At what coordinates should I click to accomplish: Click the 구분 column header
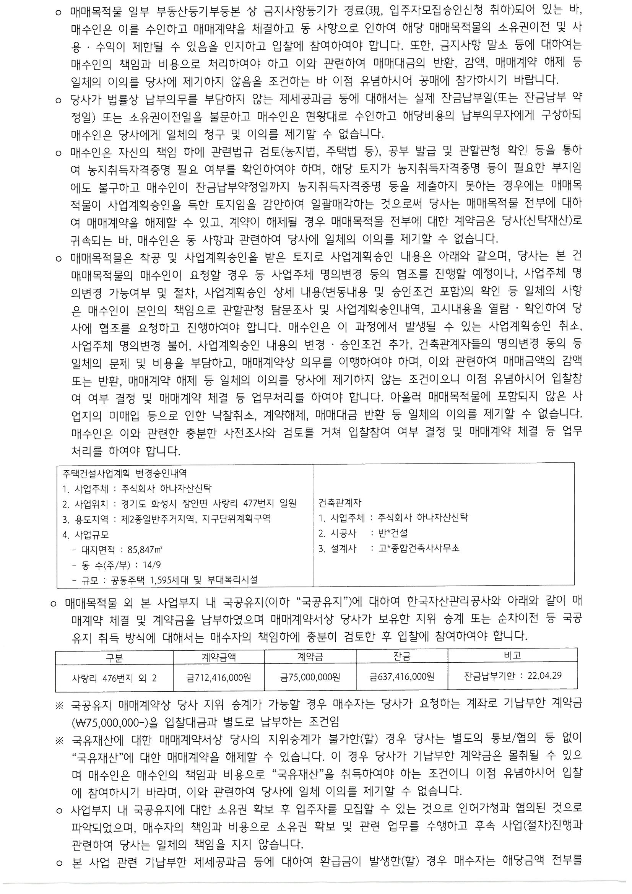pyautogui.click(x=114, y=658)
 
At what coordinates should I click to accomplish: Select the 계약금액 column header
pyautogui.click(x=218, y=657)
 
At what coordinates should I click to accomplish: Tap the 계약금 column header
pyautogui.click(x=310, y=657)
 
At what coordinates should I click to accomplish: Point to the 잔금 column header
pyautogui.click(x=401, y=657)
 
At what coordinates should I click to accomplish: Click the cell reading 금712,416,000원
pyautogui.click(x=218, y=678)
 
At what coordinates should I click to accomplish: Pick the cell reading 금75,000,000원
pyautogui.click(x=310, y=678)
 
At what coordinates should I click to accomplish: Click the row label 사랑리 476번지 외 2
pyautogui.click(x=114, y=678)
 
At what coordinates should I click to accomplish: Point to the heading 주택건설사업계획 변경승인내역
pyautogui.click(x=124, y=473)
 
